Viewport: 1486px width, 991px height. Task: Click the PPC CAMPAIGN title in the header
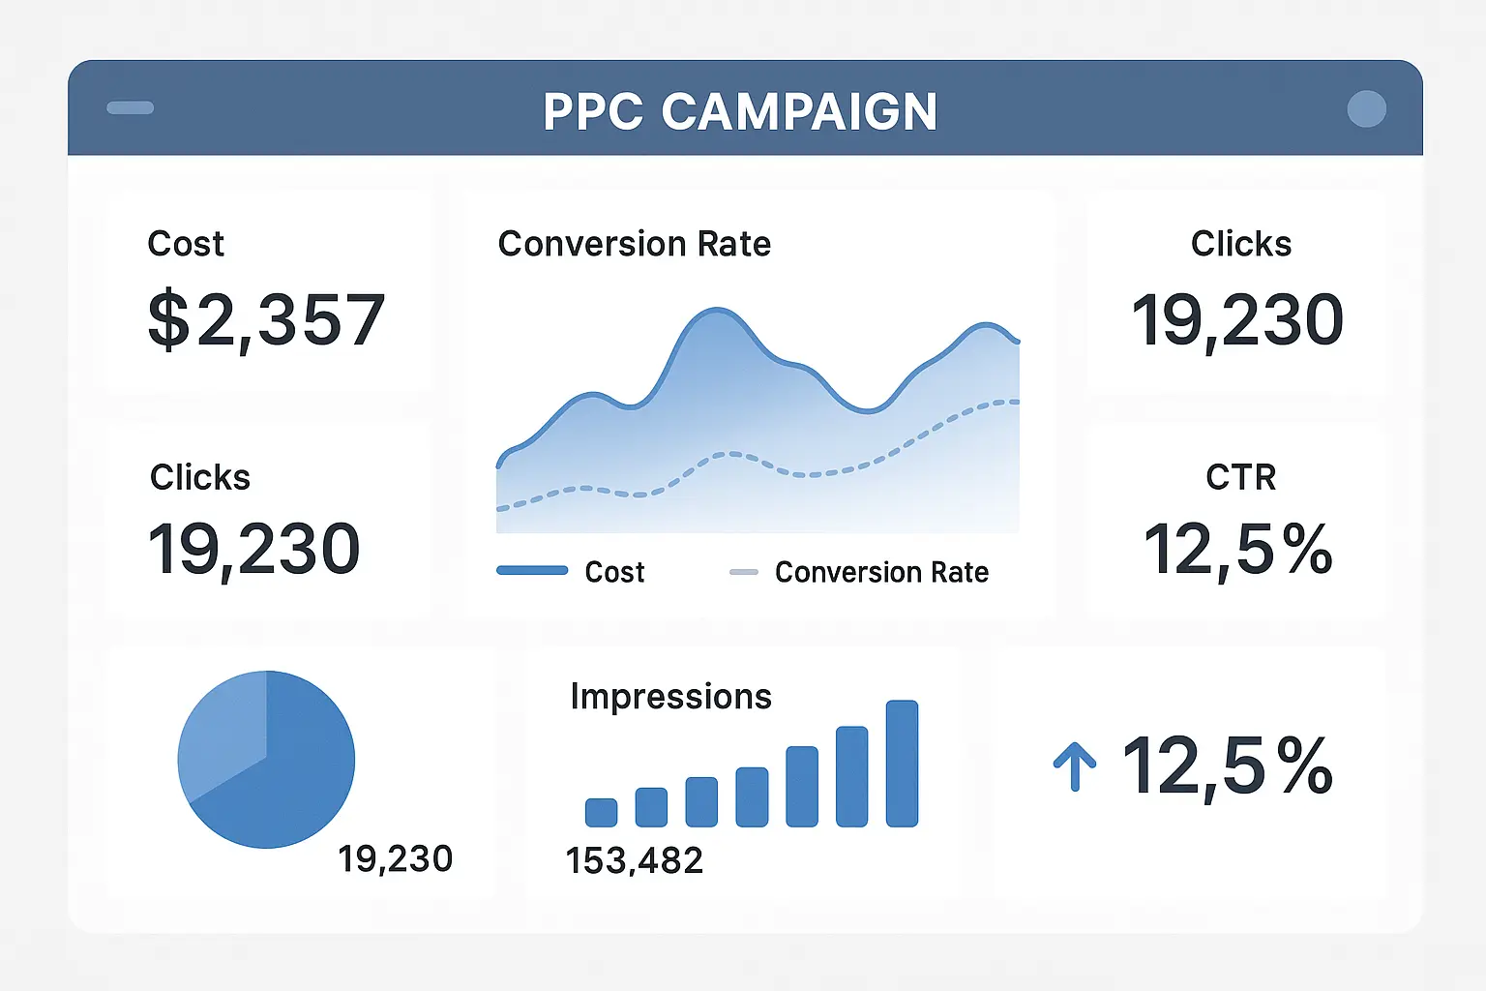[x=740, y=111]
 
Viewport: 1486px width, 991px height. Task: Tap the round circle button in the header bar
[x=1366, y=109]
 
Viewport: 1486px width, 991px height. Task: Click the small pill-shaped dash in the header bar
[x=130, y=108]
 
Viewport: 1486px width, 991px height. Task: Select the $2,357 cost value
[x=266, y=320]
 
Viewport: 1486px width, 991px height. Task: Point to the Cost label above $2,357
[x=186, y=244]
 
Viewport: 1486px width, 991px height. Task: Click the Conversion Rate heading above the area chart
[x=634, y=244]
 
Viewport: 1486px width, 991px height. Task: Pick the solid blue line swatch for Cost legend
[x=532, y=571]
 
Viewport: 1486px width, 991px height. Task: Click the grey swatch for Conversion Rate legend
[x=743, y=572]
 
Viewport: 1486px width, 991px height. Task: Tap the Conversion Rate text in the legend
[x=881, y=572]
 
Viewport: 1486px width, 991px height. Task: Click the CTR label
[x=1240, y=477]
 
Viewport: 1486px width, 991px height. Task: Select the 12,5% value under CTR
[x=1238, y=550]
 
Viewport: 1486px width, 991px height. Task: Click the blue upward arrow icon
[x=1074, y=766]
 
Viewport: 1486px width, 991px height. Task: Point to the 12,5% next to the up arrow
[x=1227, y=766]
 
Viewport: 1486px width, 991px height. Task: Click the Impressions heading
[x=670, y=697]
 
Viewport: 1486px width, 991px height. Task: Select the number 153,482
[x=634, y=860]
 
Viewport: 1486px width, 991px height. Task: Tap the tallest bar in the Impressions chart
[x=902, y=764]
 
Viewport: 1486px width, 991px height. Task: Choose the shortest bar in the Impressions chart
[x=601, y=812]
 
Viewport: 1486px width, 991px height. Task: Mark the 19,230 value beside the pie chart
[x=395, y=858]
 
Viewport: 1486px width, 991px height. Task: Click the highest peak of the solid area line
[x=717, y=311]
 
